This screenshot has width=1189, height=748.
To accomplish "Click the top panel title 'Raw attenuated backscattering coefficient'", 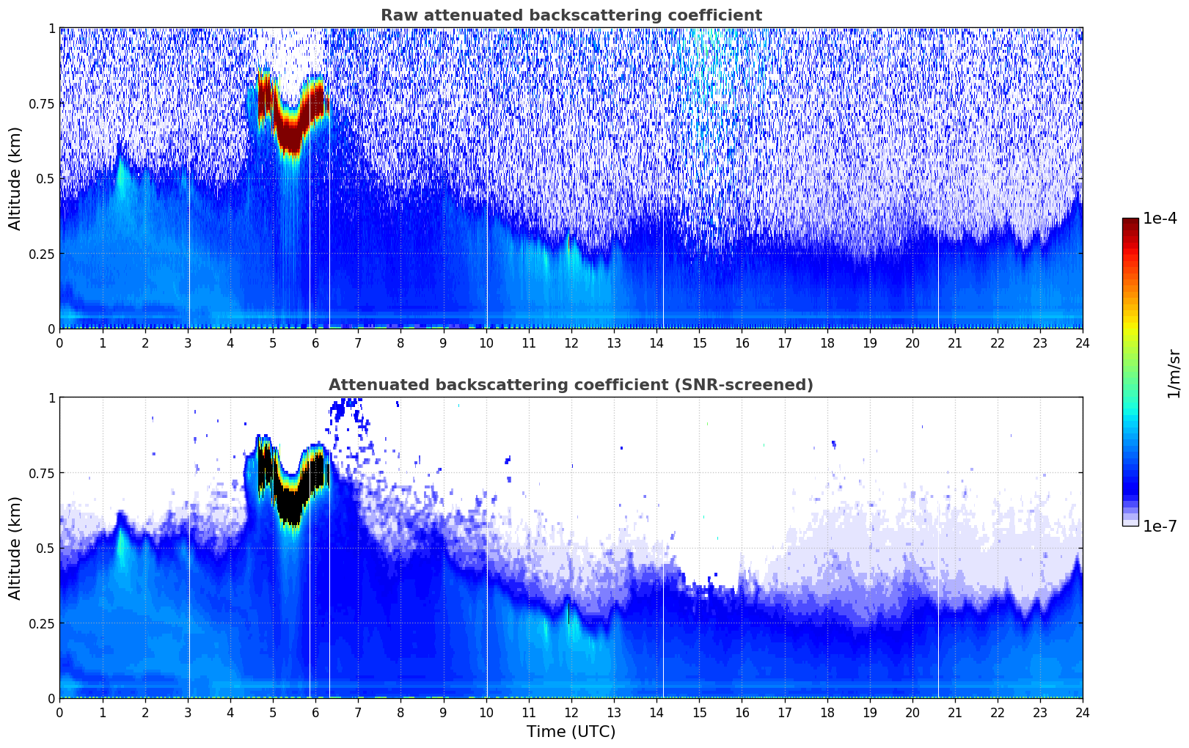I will (x=571, y=15).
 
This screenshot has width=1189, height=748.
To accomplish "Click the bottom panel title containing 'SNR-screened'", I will (x=571, y=385).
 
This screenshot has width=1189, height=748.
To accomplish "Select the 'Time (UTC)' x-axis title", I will (x=571, y=732).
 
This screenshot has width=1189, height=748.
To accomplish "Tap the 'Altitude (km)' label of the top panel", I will (x=15, y=178).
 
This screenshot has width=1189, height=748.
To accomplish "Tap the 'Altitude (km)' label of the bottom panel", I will (x=15, y=548).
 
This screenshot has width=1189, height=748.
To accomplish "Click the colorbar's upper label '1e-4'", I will (x=1160, y=219).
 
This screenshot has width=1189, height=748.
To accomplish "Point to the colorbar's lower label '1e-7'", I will (x=1160, y=526).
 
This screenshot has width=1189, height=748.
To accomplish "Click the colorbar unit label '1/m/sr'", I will (x=1174, y=373).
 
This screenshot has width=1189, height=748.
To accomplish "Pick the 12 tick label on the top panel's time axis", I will (x=571, y=342).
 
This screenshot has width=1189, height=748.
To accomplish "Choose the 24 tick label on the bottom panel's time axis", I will (x=1082, y=712).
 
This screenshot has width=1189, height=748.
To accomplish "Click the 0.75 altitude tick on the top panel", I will (x=41, y=103).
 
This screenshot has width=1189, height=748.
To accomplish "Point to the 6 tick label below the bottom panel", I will (x=315, y=712).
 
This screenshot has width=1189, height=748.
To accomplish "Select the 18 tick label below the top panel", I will (x=827, y=342).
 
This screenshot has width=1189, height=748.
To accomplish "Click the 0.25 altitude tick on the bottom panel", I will (x=41, y=623).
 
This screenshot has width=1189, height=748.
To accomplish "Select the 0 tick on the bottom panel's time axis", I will (x=59, y=712).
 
